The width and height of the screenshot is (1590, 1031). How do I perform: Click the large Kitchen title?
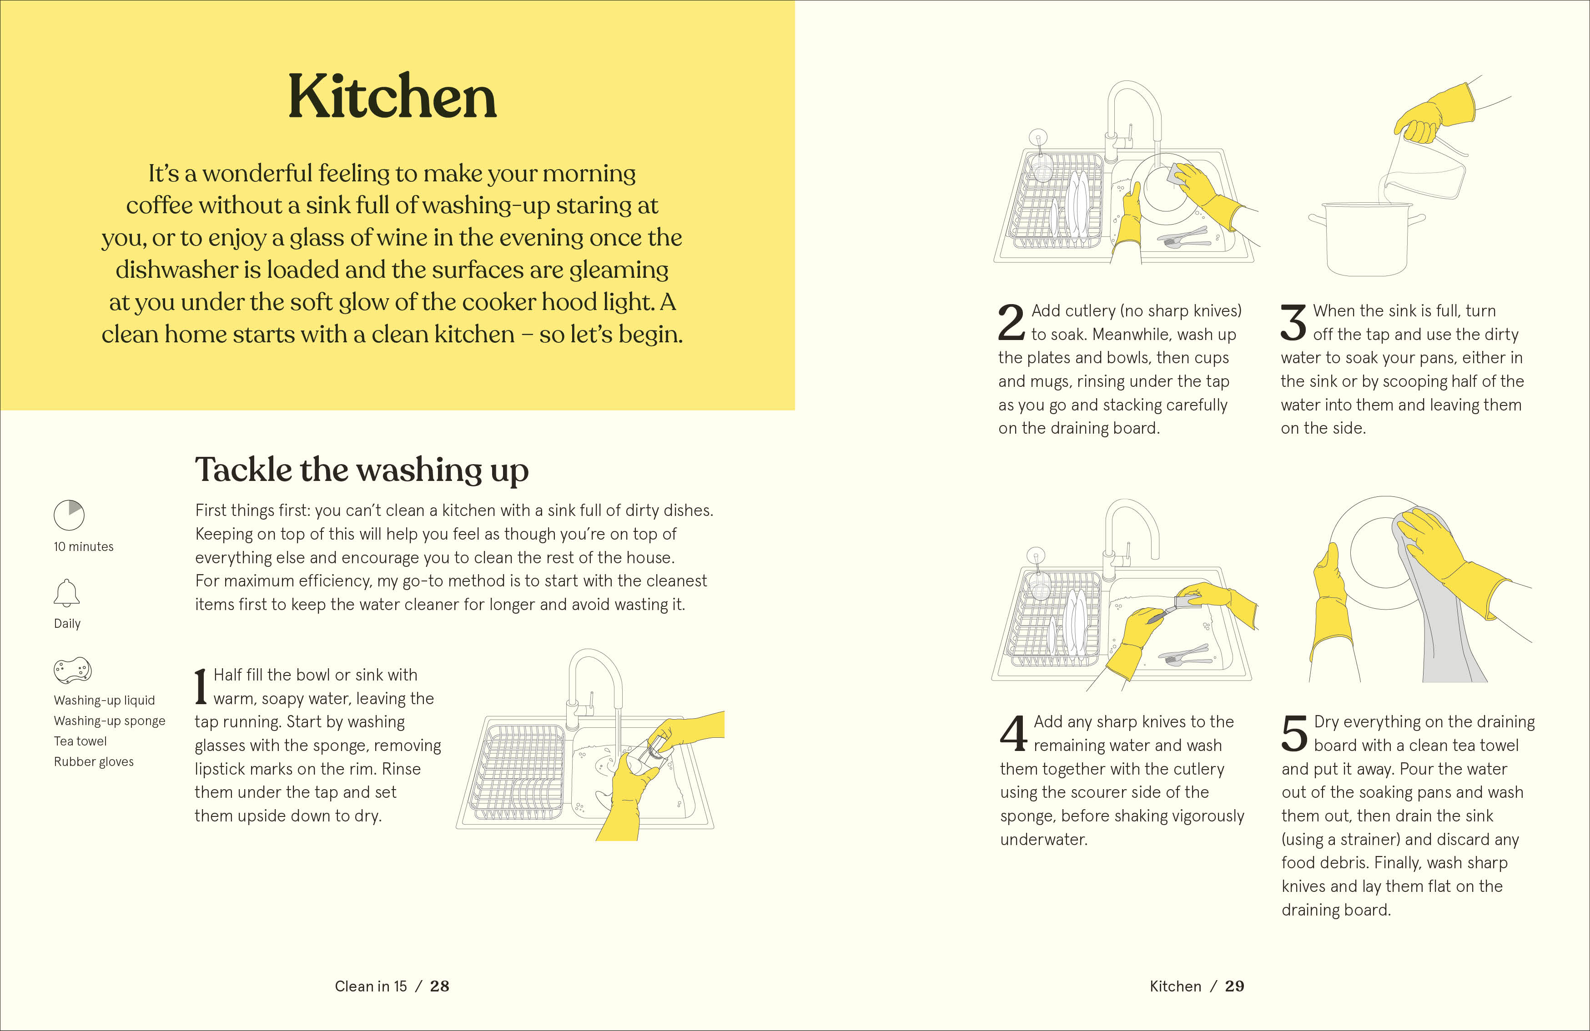click(392, 97)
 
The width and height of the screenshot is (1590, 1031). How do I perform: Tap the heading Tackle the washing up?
click(362, 470)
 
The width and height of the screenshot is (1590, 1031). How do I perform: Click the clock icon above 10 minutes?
click(69, 515)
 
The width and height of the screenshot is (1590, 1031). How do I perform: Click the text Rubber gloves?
click(94, 762)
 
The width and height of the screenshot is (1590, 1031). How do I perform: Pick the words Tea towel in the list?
click(80, 741)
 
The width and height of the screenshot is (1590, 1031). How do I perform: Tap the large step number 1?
click(201, 686)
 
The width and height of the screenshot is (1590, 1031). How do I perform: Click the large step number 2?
click(1011, 322)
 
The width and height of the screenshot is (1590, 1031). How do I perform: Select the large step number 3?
click(1293, 322)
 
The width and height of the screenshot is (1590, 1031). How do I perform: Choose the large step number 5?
click(1295, 733)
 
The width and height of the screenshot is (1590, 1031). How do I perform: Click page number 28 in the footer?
click(440, 986)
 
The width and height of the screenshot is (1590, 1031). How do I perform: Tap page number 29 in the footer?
click(1235, 986)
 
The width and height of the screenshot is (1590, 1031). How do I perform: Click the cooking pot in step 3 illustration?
click(1366, 238)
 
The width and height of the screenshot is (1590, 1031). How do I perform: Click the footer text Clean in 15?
click(371, 986)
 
